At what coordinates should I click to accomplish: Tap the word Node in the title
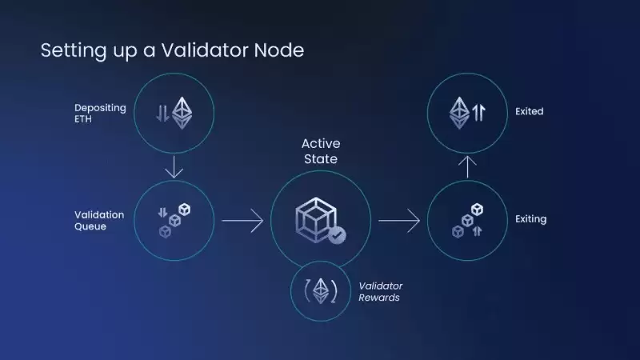279,50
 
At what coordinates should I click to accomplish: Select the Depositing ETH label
100,113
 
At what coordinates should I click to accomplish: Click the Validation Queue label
99,221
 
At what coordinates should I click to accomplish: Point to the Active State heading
321,151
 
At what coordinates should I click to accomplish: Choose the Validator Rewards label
381,291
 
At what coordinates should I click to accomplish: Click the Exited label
529,111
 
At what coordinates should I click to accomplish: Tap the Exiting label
530,219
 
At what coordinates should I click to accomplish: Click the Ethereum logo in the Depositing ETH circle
182,113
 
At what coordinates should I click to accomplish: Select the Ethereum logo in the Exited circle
459,113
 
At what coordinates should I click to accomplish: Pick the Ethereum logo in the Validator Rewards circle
321,291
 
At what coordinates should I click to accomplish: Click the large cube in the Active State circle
316,219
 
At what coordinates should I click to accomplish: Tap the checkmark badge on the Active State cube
337,235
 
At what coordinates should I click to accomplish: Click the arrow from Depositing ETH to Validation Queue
174,166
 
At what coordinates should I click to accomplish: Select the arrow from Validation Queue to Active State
242,221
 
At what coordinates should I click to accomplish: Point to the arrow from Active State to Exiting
399,221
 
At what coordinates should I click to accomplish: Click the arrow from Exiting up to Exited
467,167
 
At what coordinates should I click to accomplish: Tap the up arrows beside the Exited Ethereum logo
478,113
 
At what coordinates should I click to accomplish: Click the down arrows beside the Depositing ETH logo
162,113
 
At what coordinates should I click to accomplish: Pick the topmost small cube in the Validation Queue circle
185,210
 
